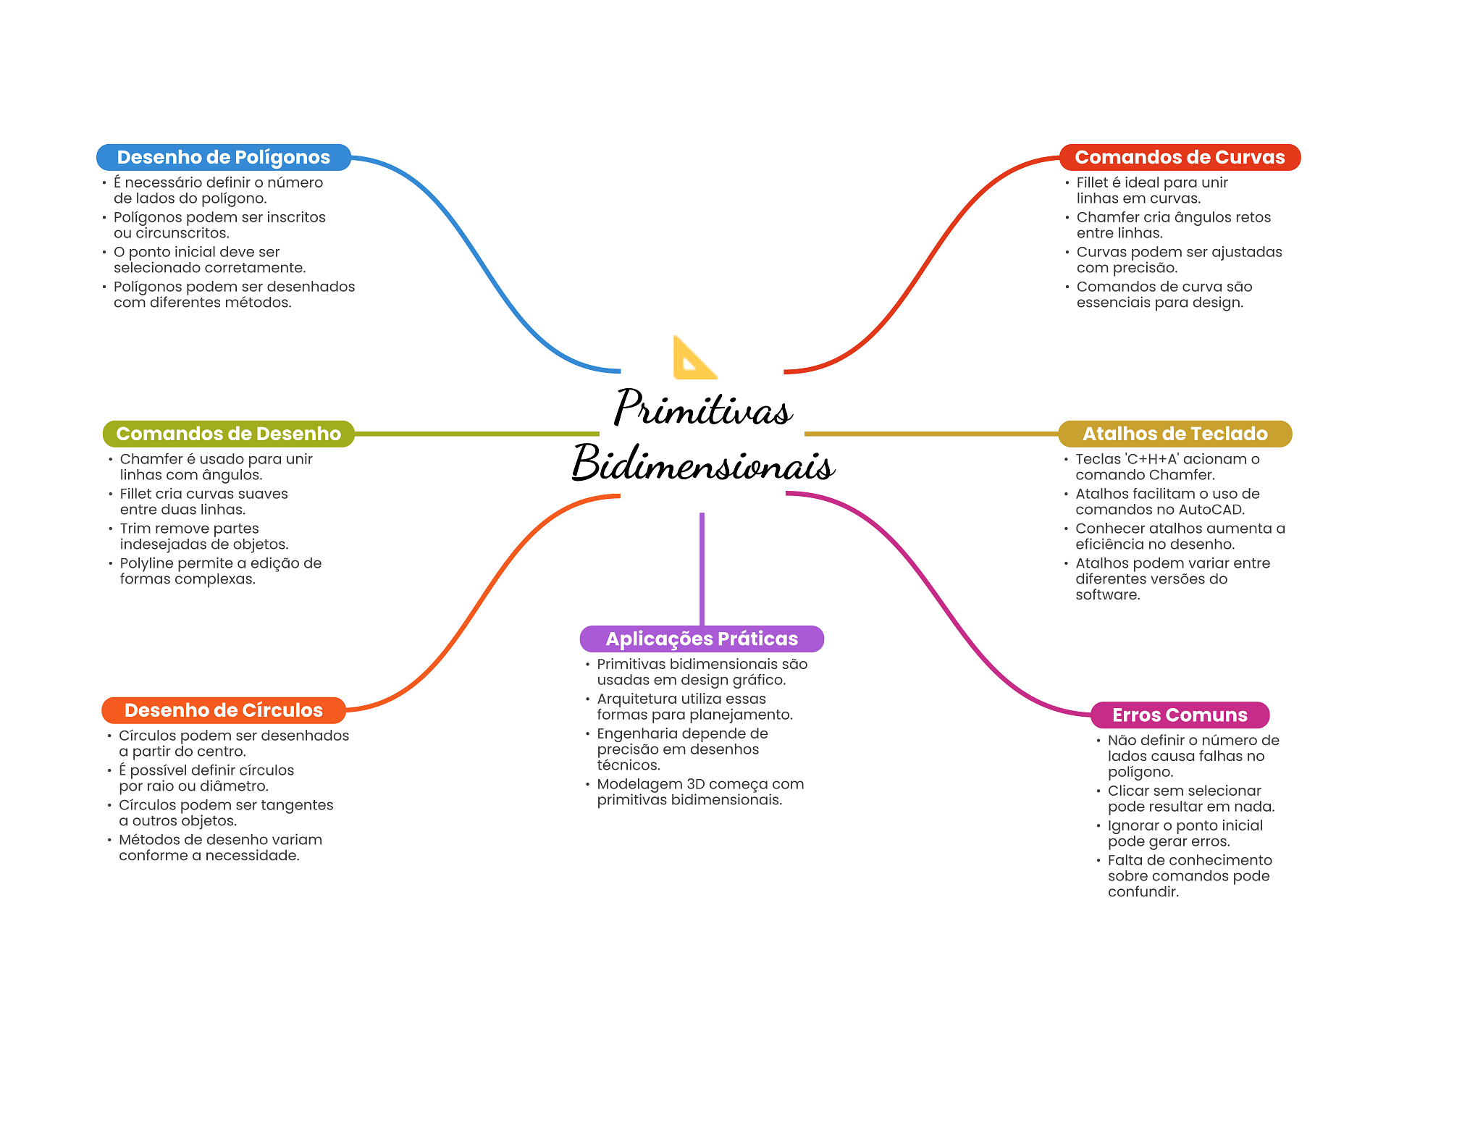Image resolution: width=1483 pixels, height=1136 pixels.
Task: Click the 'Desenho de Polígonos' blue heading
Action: point(223,157)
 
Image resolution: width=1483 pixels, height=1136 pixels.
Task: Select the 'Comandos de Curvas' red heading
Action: point(1179,157)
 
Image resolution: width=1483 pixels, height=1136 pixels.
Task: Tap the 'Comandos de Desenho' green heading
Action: point(228,434)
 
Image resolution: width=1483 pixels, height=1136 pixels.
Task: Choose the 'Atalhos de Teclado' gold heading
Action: point(1175,434)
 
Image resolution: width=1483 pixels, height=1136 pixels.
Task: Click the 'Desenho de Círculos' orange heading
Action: point(223,710)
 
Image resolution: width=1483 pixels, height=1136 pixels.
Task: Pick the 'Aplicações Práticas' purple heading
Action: point(701,639)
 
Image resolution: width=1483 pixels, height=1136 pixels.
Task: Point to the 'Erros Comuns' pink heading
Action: point(1180,715)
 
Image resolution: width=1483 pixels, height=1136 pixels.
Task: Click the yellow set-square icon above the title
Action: point(694,358)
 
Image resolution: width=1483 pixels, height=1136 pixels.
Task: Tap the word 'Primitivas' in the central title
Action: point(702,408)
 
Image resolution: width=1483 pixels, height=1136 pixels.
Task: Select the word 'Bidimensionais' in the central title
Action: point(702,463)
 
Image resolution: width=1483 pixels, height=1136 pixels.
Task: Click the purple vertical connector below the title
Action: point(702,568)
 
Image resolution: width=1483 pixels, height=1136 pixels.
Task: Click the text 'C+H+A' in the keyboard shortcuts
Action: point(1153,459)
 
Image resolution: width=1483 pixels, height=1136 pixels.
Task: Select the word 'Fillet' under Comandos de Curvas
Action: point(1091,182)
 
